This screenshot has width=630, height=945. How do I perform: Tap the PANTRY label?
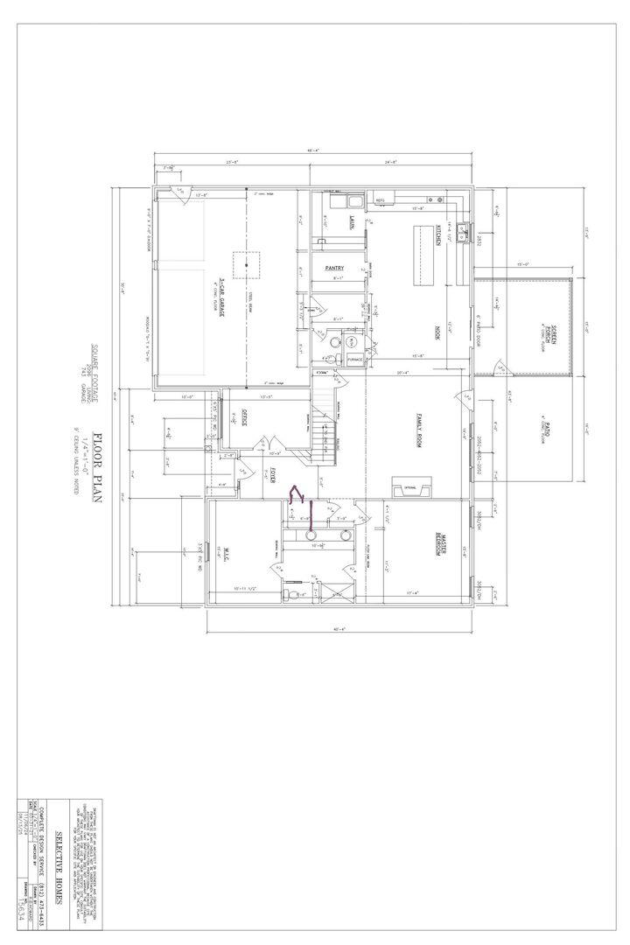pos(333,268)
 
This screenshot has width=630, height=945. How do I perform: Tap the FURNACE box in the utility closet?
pos(354,360)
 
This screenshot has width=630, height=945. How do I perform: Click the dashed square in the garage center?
pos(246,263)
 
